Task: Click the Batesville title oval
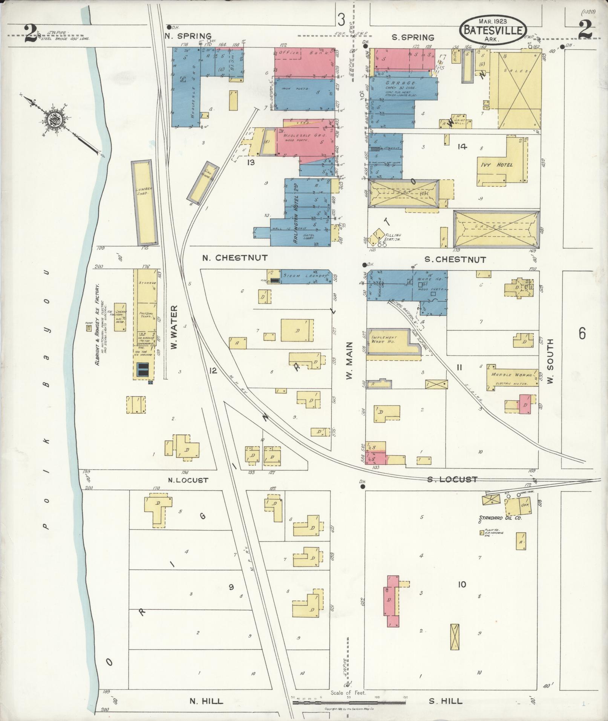tap(493, 27)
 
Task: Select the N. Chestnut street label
tap(234, 258)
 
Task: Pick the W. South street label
tap(550, 361)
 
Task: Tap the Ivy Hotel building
tap(496, 165)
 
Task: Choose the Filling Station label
tap(392, 237)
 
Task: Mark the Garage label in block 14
tap(400, 83)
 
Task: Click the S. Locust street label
tap(452, 479)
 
